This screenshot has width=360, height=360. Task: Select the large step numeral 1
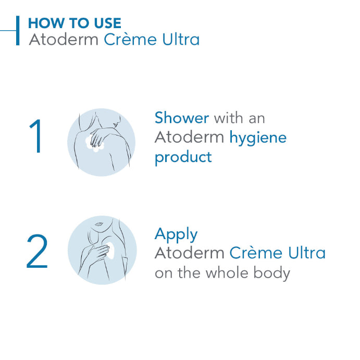tap(35, 136)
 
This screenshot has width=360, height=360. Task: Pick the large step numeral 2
tap(37, 252)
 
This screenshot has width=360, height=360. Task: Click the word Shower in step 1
tap(181, 118)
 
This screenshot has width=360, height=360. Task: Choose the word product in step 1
tap(183, 157)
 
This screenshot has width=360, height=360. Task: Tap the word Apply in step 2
tap(176, 235)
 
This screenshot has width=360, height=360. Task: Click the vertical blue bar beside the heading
tap(18, 31)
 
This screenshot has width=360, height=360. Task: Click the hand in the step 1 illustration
tap(98, 137)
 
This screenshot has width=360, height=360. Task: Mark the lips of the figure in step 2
tap(97, 225)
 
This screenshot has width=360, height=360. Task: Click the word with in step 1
tap(228, 118)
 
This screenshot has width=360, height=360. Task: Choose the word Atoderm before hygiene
tap(189, 138)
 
